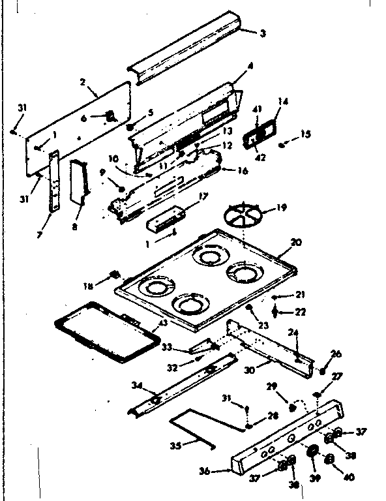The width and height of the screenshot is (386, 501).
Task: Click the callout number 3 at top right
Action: pyautogui.click(x=263, y=33)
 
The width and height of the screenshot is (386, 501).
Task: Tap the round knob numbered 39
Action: pyautogui.click(x=312, y=452)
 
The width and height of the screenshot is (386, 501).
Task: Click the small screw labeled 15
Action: pyautogui.click(x=281, y=145)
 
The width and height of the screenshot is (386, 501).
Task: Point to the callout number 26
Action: pyautogui.click(x=336, y=354)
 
